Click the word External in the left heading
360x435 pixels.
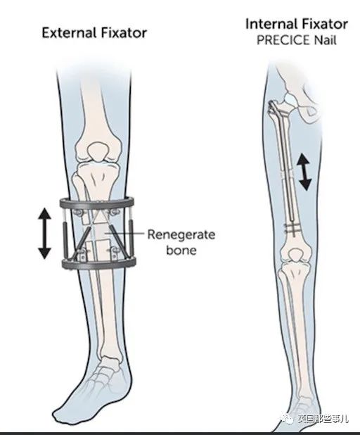[x=69, y=33]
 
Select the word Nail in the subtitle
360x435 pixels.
[x=325, y=41]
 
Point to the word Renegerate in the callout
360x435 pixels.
[x=181, y=234]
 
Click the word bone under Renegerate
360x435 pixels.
[x=181, y=250]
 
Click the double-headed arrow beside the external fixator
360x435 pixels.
[x=44, y=234]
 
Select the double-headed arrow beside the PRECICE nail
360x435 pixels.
[x=305, y=172]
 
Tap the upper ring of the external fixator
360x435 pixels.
[x=97, y=203]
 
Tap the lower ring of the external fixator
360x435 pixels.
[x=99, y=264]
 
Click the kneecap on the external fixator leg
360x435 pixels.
[x=98, y=151]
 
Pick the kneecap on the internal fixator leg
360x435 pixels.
[x=296, y=256]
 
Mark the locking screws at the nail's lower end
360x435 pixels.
[x=292, y=229]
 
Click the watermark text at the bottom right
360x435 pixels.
[x=323, y=419]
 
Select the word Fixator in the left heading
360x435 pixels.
[x=124, y=33]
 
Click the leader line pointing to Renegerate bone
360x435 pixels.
[x=124, y=234]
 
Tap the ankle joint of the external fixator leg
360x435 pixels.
[x=110, y=360]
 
